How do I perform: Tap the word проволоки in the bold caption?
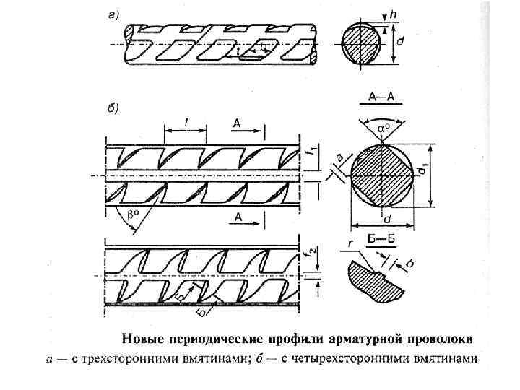coord(442,337)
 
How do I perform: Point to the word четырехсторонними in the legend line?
coord(357,359)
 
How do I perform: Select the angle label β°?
coord(132,214)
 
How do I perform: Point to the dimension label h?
coord(393,13)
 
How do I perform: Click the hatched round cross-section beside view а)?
coord(362,43)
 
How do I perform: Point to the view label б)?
coord(113,108)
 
